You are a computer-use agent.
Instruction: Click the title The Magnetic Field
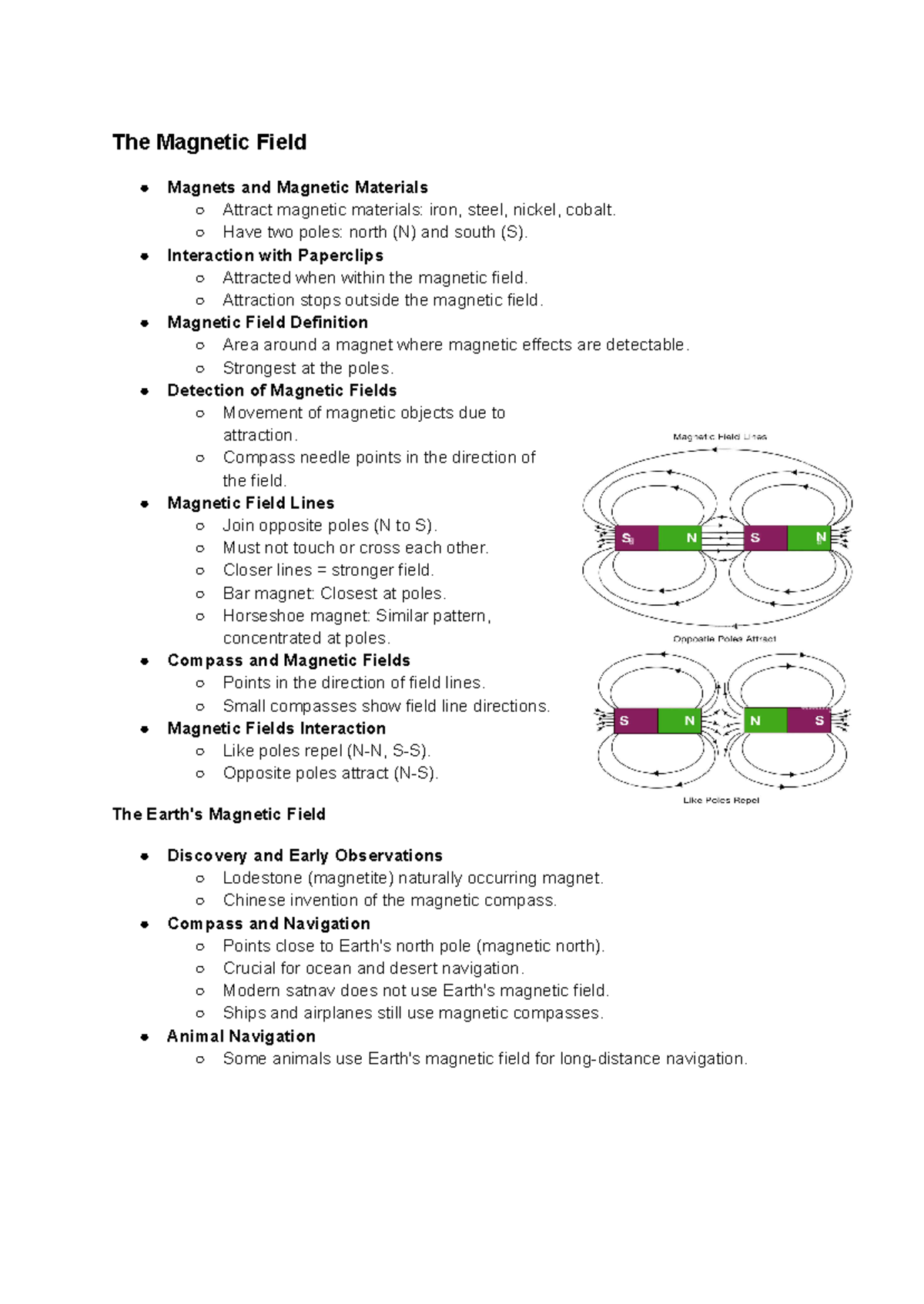[x=209, y=142]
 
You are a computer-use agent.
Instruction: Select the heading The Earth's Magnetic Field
[x=219, y=814]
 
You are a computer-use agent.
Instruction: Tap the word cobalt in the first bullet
[x=590, y=210]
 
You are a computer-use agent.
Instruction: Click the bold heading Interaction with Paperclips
[x=275, y=256]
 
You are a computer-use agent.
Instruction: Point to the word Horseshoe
[x=257, y=616]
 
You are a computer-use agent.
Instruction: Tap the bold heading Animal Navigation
[x=241, y=1036]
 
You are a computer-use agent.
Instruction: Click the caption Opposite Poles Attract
[x=724, y=639]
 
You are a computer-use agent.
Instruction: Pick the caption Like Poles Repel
[x=721, y=801]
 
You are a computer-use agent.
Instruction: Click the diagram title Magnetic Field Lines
[x=720, y=437]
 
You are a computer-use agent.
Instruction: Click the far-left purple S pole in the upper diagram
[x=636, y=538]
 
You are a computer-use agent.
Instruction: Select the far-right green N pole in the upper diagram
[x=809, y=538]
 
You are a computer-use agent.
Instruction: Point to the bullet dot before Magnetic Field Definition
[x=144, y=323]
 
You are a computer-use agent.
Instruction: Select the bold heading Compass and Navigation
[x=268, y=924]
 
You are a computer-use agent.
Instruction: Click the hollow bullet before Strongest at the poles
[x=200, y=369]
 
